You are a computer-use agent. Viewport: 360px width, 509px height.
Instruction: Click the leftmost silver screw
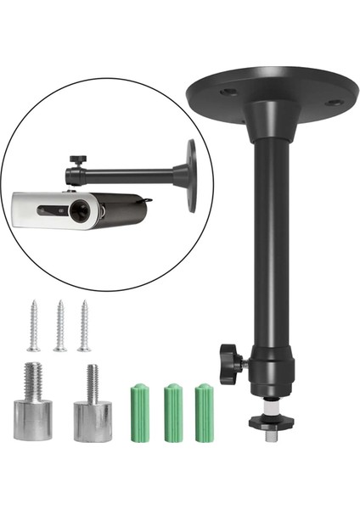point(33,326)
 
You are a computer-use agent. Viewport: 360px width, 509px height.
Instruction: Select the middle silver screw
point(59,326)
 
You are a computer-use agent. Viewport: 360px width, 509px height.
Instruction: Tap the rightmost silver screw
point(85,326)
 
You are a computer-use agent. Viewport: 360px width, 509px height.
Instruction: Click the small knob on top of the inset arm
point(77,159)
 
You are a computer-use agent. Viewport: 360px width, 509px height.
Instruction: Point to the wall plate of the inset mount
point(190,175)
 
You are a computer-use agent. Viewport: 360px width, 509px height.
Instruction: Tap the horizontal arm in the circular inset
point(127,176)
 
